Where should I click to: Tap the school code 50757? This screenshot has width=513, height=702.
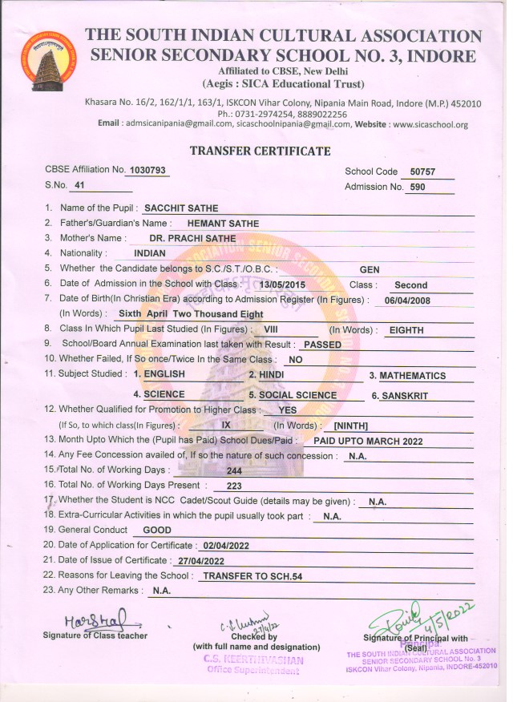click(x=422, y=171)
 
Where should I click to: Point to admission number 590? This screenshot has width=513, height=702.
click(x=418, y=188)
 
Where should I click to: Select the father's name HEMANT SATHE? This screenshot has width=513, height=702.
click(x=222, y=224)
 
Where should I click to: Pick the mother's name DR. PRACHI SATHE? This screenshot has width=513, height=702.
click(x=192, y=238)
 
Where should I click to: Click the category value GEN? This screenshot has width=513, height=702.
click(x=369, y=270)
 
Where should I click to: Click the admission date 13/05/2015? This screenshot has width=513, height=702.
click(x=277, y=284)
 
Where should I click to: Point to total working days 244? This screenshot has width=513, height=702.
click(x=235, y=470)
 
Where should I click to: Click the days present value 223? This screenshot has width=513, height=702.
click(x=234, y=486)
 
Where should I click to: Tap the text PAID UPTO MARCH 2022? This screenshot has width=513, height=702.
click(x=368, y=441)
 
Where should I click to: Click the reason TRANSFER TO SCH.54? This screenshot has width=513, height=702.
click(x=252, y=576)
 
